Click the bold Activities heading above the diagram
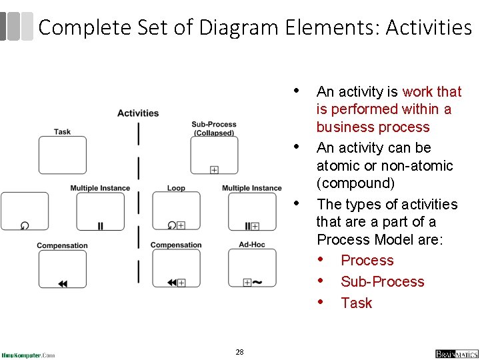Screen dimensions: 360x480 click(x=138, y=113)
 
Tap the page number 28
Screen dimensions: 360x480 click(x=239, y=351)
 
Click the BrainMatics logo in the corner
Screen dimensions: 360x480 click(x=456, y=353)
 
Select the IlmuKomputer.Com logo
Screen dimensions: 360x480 click(x=28, y=355)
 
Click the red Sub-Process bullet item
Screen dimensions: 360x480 click(x=382, y=281)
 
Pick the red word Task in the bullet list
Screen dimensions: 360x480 click(x=356, y=303)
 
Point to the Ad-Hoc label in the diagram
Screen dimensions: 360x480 click(x=252, y=245)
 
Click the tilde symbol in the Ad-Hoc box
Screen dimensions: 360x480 click(x=257, y=282)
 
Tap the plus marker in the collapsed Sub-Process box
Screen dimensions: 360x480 click(x=214, y=170)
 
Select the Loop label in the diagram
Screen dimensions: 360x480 click(x=176, y=188)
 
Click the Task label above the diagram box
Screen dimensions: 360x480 click(x=63, y=131)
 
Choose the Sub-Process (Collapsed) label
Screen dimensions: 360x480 click(x=214, y=129)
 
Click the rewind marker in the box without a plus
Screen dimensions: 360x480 click(x=63, y=283)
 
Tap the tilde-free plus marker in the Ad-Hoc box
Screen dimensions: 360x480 click(x=247, y=283)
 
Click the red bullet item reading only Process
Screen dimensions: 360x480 click(x=367, y=260)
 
